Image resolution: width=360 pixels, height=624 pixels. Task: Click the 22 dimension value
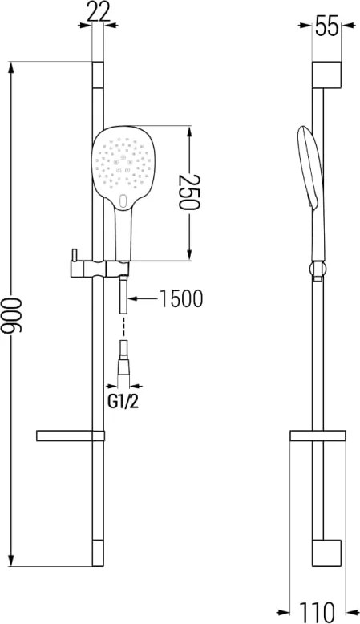(x=99, y=14)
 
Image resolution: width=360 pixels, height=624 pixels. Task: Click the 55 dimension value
(x=326, y=27)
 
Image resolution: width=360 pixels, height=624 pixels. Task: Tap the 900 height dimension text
(x=12, y=314)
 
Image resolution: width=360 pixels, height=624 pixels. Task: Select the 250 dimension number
(x=188, y=192)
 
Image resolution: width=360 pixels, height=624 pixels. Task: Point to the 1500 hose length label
(x=180, y=298)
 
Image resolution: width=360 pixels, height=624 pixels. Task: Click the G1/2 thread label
(x=123, y=402)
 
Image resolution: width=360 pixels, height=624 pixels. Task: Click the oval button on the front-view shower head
(x=123, y=201)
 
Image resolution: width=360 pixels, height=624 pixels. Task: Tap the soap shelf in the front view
(x=70, y=436)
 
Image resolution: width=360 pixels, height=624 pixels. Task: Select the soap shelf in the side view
(x=318, y=436)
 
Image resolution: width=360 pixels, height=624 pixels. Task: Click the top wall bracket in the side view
(x=326, y=75)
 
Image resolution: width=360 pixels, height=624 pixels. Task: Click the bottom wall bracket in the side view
(x=326, y=553)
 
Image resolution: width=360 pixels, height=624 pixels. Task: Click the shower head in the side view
(x=311, y=191)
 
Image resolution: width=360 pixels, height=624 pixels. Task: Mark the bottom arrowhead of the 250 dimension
(x=189, y=254)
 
